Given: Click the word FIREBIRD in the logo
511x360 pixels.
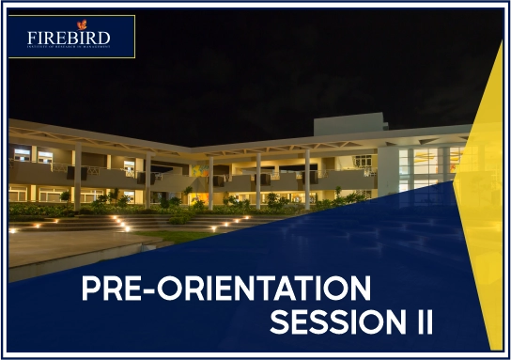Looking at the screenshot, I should click(x=69, y=39).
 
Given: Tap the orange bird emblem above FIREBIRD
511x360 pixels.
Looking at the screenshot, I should click(x=81, y=23).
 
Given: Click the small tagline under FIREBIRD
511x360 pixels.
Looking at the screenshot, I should click(x=69, y=49).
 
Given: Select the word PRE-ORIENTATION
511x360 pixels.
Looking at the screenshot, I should click(x=225, y=288).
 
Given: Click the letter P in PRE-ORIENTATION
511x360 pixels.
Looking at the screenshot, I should click(x=92, y=288).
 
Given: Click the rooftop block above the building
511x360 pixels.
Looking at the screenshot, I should click(x=348, y=124).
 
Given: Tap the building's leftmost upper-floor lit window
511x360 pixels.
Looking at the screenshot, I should click(x=22, y=152).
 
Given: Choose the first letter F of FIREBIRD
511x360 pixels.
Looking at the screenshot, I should click(x=32, y=39).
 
